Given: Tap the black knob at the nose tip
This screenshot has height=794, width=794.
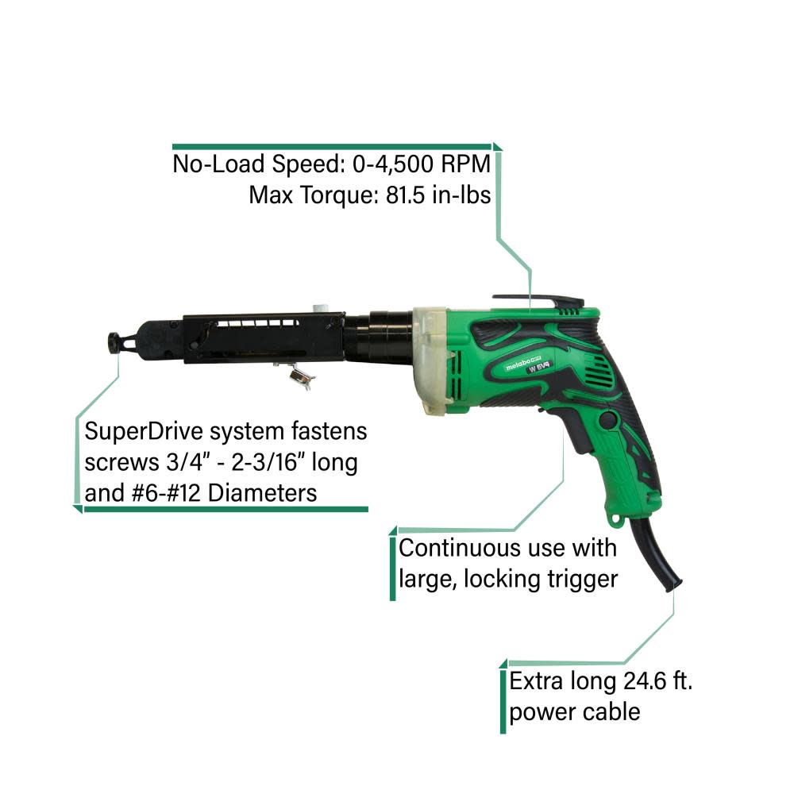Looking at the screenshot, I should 116,341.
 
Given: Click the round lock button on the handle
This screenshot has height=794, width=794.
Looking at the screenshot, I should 610,422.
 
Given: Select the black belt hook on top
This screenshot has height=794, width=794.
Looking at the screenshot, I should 540,301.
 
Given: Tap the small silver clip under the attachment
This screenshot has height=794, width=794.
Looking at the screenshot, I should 297,372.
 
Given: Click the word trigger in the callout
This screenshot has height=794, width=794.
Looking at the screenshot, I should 580,578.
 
